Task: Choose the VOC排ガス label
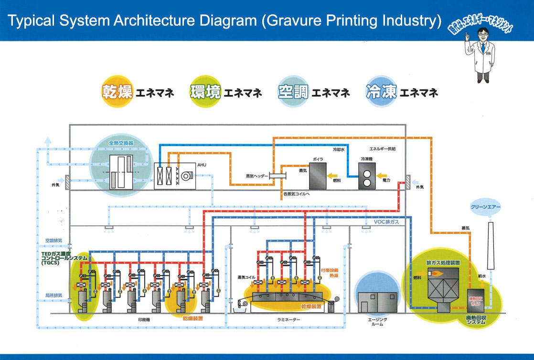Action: (x=385, y=222)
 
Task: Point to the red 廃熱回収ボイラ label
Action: (x=476, y=301)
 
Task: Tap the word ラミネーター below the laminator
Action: (x=286, y=319)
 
